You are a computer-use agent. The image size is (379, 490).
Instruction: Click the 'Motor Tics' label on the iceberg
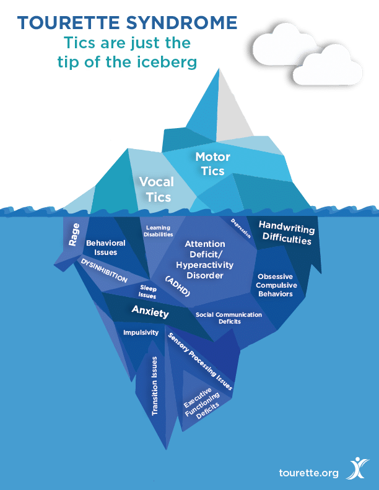[210, 163]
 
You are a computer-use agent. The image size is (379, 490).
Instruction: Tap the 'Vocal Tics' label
[156, 189]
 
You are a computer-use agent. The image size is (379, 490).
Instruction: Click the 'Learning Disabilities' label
[159, 231]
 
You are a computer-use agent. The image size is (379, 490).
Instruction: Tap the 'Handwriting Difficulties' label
[285, 233]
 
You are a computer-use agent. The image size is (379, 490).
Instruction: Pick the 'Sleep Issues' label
[147, 292]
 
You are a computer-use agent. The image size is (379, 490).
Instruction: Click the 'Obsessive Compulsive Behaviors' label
[277, 285]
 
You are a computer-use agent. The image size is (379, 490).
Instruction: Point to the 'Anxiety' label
[150, 311]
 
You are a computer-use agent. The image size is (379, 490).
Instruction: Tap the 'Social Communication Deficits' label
[229, 318]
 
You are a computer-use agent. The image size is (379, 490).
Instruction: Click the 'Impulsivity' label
[141, 333]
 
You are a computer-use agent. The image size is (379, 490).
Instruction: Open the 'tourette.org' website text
[309, 473]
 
